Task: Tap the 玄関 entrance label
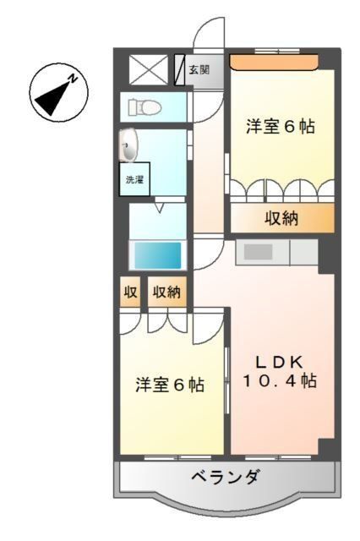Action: pyautogui.click(x=199, y=70)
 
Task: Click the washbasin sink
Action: pyautogui.click(x=128, y=146)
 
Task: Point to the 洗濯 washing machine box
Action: pyautogui.click(x=134, y=179)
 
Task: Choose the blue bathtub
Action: pyautogui.click(x=155, y=254)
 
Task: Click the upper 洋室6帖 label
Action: pyautogui.click(x=281, y=127)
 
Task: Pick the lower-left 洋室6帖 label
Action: pyautogui.click(x=170, y=385)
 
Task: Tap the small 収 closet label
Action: pyautogui.click(x=130, y=293)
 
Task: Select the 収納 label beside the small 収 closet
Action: pyautogui.click(x=166, y=293)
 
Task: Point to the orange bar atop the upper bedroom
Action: pyautogui.click(x=273, y=61)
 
